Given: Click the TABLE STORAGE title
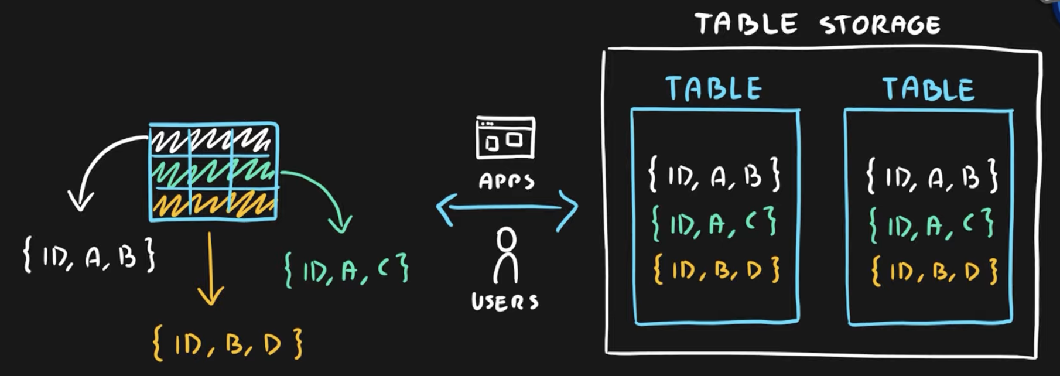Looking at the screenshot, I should tap(818, 25).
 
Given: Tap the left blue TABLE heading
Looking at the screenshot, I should tap(714, 88).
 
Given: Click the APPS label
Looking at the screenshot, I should tap(507, 181).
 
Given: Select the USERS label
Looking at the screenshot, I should tap(505, 301).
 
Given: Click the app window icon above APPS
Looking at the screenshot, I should tap(505, 138).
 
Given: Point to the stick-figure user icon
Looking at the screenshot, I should tap(506, 255).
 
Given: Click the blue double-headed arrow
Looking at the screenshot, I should tap(507, 207).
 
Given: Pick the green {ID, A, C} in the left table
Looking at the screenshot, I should tap(714, 223).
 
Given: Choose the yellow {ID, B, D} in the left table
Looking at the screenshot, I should tap(716, 270).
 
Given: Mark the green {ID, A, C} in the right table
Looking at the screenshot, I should tap(931, 224).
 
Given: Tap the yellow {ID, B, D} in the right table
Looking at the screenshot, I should tap(934, 271).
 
